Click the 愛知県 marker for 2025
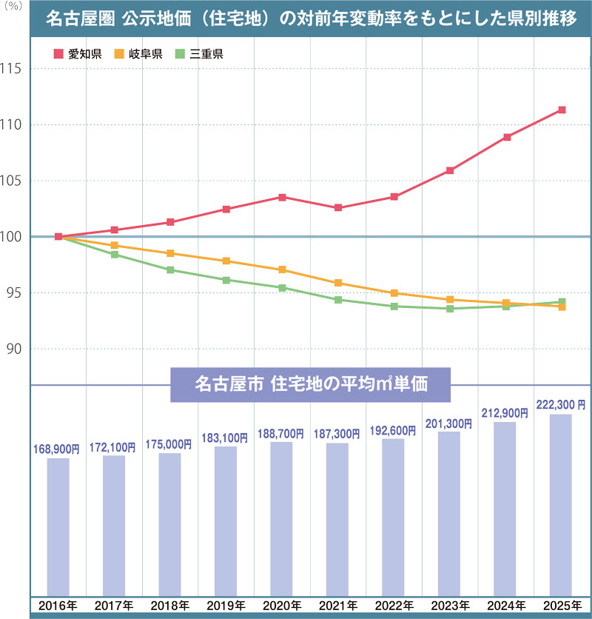pyautogui.click(x=562, y=110)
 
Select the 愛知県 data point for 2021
pyautogui.click(x=338, y=208)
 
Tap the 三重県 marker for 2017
pyautogui.click(x=115, y=255)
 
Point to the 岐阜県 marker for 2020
pyautogui.click(x=282, y=270)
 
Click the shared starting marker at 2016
pyautogui.click(x=58, y=237)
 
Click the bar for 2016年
pyautogui.click(x=58, y=526)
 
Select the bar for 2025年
pyautogui.click(x=562, y=503)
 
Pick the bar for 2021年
pyautogui.click(x=338, y=518)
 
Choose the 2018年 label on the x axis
pyautogui.click(x=170, y=606)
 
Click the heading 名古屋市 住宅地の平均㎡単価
pyautogui.click(x=311, y=385)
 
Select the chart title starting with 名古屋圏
pyautogui.click(x=311, y=19)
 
